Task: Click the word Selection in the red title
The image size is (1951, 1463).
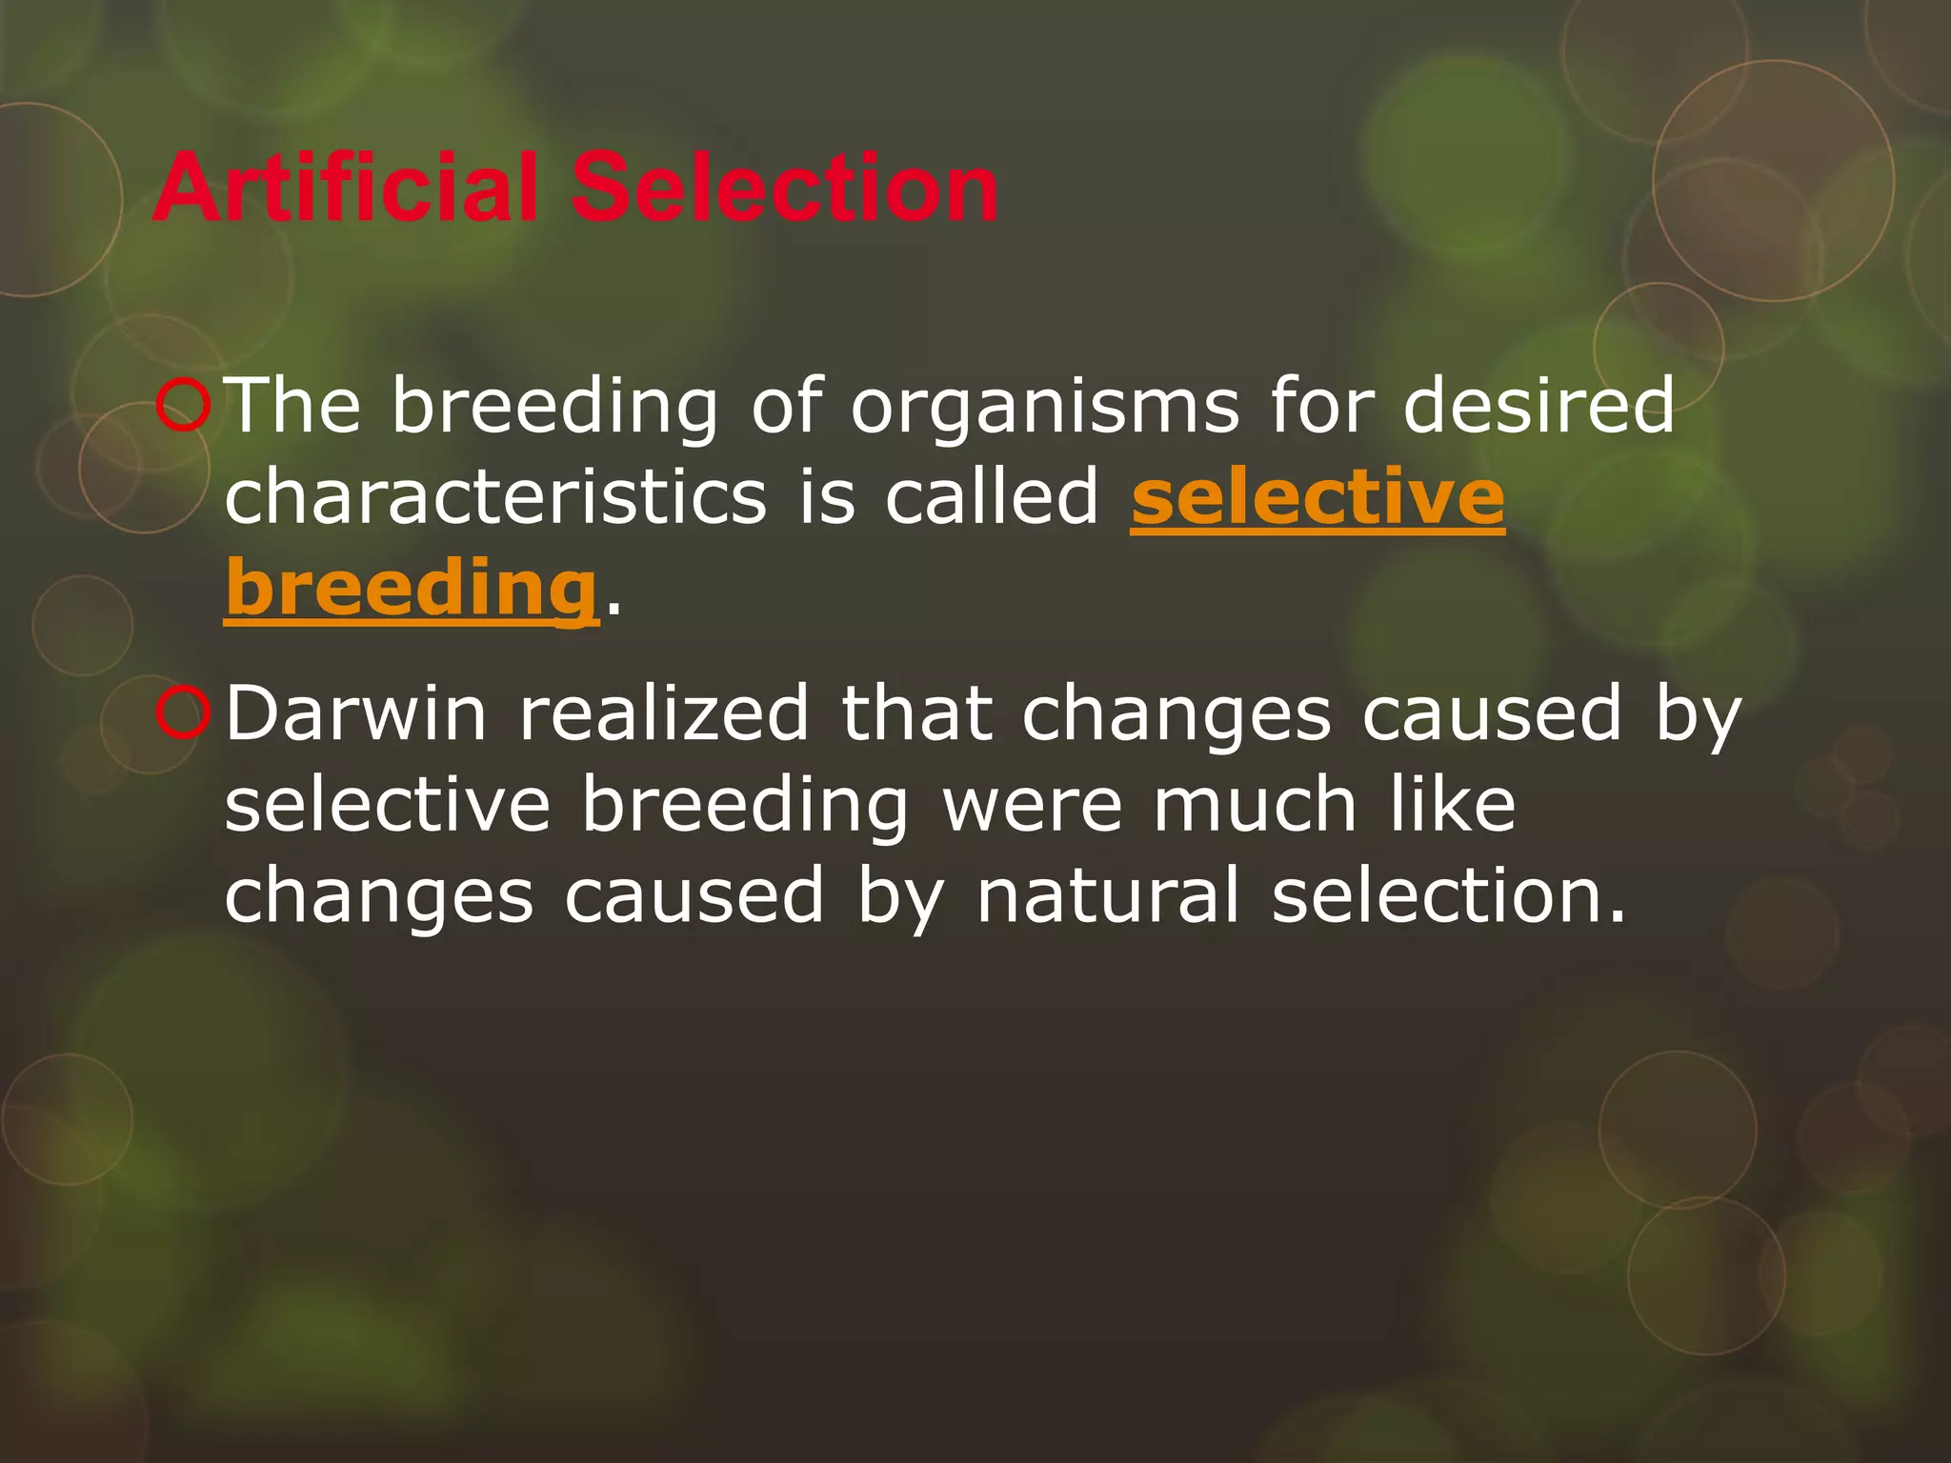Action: pos(783,188)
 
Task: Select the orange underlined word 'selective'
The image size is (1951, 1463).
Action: pos(1317,497)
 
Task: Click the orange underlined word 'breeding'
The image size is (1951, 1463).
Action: pos(411,589)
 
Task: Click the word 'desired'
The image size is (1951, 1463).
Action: pos(1539,406)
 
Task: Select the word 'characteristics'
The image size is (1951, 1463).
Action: pos(495,497)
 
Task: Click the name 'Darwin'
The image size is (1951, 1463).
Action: pos(355,713)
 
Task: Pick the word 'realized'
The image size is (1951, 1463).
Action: pos(664,713)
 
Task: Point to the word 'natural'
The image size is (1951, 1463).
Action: pos(1108,895)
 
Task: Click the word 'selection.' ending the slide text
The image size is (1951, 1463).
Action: pos(1449,895)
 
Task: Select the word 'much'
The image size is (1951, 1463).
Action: pos(1255,805)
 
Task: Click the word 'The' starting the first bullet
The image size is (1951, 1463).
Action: pos(296,406)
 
